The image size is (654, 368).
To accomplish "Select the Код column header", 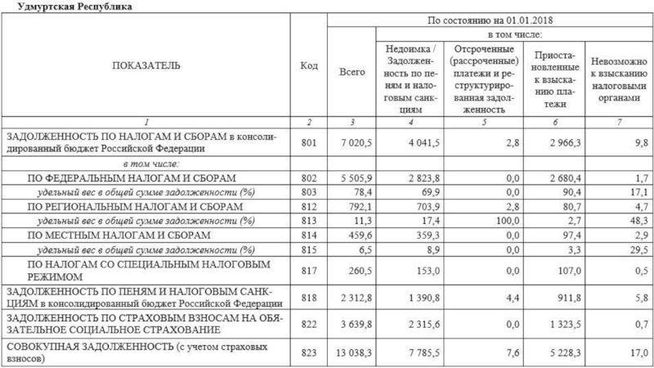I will pyautogui.click(x=308, y=65).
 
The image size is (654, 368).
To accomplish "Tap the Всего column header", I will pyautogui.click(x=352, y=72).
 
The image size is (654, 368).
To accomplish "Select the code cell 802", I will pyautogui.click(x=308, y=177).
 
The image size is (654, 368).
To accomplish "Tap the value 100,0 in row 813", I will pyautogui.click(x=506, y=221).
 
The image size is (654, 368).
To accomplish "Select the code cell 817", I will pyautogui.click(x=308, y=271).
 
